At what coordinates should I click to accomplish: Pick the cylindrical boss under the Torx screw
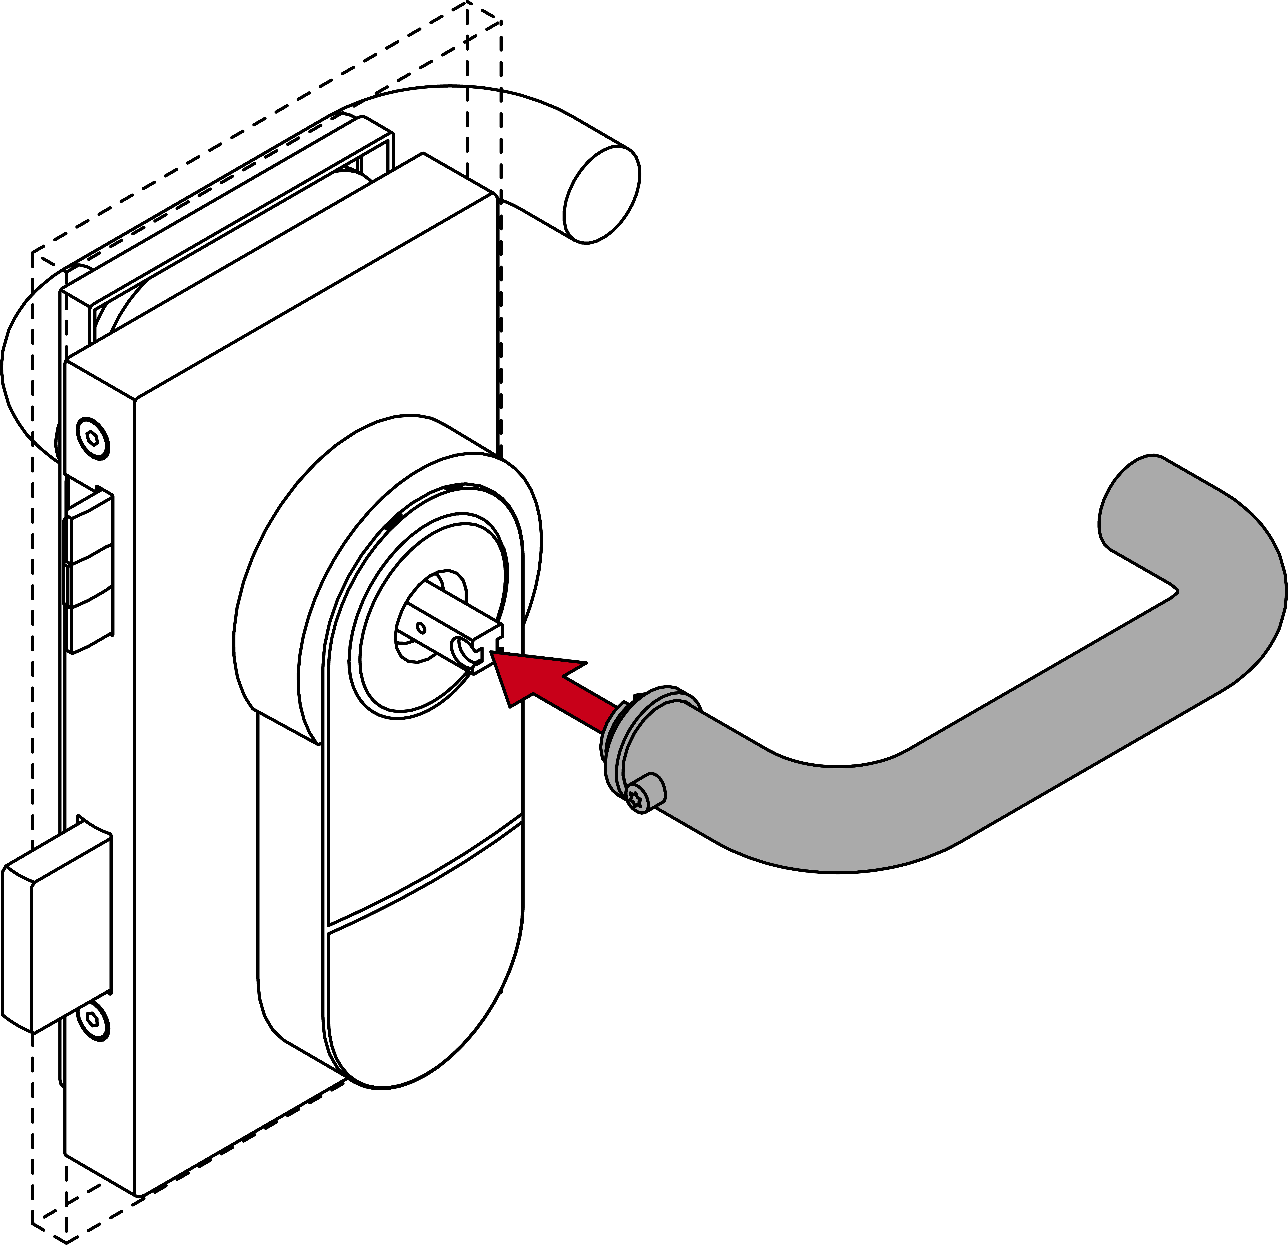point(651,789)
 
